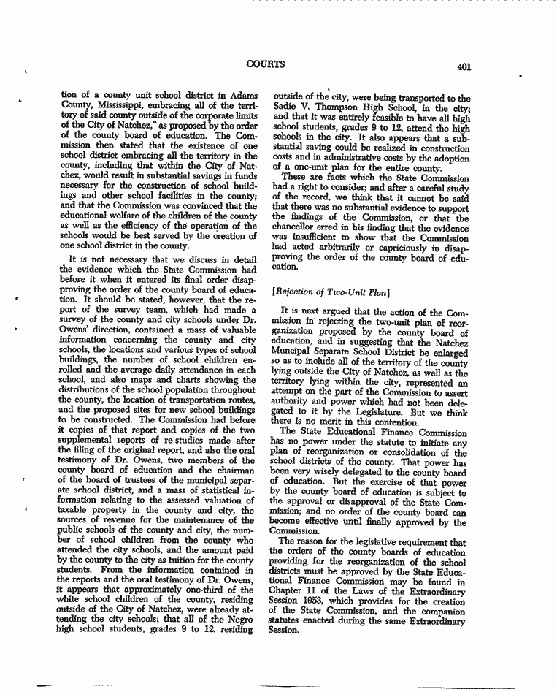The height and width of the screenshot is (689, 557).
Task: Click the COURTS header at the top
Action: pyautogui.click(x=265, y=64)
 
